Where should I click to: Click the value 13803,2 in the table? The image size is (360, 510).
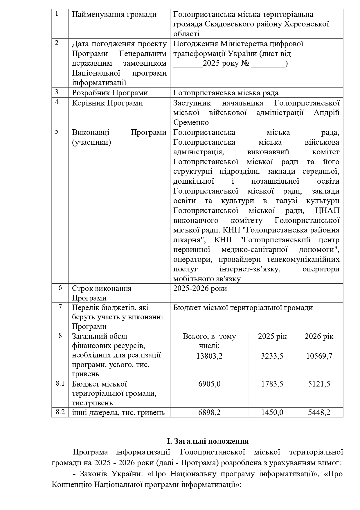click(x=209, y=356)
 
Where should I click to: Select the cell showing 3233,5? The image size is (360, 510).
click(x=272, y=356)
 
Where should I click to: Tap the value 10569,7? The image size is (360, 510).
click(x=319, y=356)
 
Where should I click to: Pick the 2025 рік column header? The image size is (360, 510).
click(x=272, y=337)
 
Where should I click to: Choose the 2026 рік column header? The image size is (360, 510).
click(x=319, y=337)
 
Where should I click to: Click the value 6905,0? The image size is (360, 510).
click(x=209, y=384)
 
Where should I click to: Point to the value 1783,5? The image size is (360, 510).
click(x=272, y=384)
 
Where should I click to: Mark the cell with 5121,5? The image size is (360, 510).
click(x=319, y=384)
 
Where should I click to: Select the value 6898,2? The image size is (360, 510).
click(x=209, y=412)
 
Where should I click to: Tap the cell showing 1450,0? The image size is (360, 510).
click(x=272, y=412)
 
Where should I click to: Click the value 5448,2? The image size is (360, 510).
click(x=319, y=412)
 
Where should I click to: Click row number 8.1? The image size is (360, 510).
click(x=60, y=383)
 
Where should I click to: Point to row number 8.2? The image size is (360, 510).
click(x=60, y=412)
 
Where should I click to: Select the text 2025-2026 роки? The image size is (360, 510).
click(x=200, y=289)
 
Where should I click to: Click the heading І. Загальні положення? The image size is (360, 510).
click(x=208, y=441)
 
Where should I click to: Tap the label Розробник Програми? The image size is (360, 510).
click(x=110, y=93)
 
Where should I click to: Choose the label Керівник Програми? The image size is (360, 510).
click(x=107, y=103)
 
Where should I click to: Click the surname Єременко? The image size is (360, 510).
click(x=191, y=123)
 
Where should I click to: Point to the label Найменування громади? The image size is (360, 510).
click(x=114, y=15)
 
